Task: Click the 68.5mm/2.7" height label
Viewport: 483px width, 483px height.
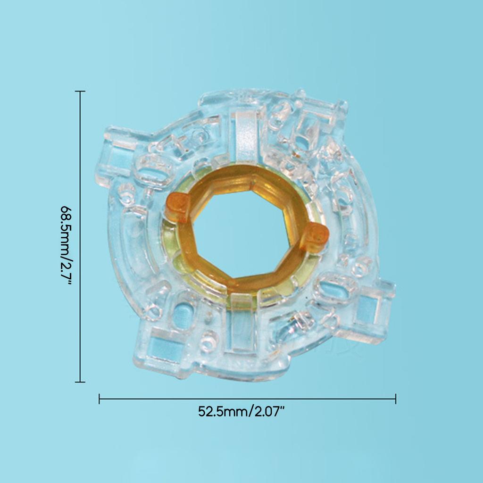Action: click(66, 245)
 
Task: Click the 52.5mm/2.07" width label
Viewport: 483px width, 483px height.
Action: click(241, 411)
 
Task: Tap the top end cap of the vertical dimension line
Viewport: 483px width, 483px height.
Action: click(80, 92)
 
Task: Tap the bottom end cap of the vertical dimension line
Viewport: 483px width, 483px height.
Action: click(80, 382)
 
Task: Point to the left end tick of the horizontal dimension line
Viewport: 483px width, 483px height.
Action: click(99, 399)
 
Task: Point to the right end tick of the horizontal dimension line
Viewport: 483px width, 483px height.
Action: click(396, 399)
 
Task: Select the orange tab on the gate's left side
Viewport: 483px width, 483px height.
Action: click(177, 206)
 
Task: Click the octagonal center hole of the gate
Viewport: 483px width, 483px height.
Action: click(243, 235)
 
